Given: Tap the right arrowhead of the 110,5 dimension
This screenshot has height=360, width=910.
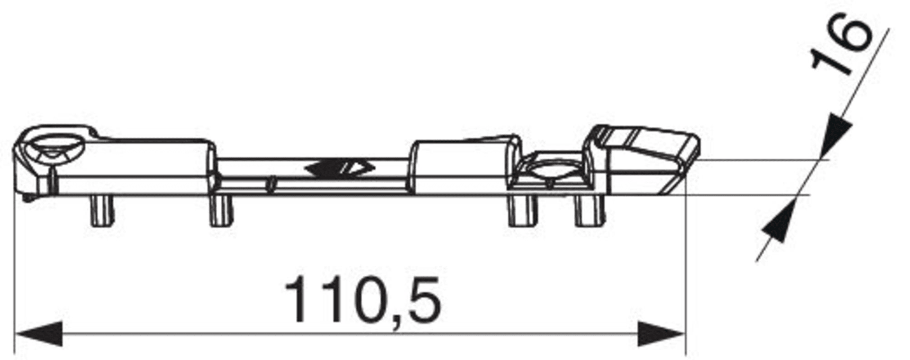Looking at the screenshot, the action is pos(661,334).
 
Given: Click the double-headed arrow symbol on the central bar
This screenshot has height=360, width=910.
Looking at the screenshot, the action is pos(339,168).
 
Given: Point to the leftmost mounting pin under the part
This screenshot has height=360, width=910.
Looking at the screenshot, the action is pos(102,211).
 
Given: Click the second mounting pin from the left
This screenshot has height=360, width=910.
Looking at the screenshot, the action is pos(221,211).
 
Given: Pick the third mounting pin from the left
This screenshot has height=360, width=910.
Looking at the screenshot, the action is pos(522,211).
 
